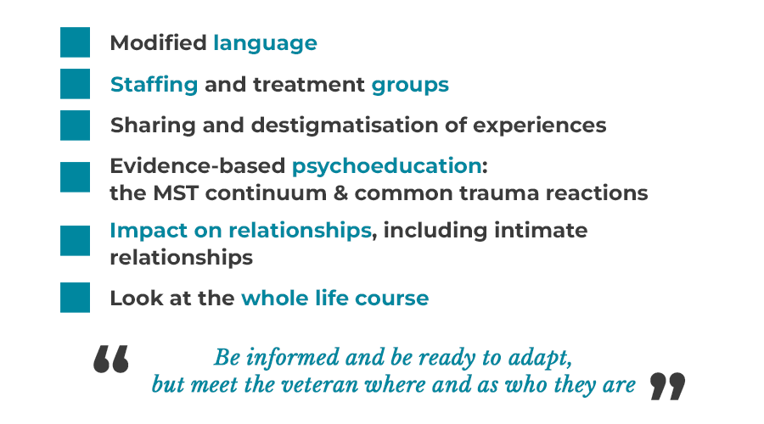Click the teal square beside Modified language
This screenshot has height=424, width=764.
click(75, 42)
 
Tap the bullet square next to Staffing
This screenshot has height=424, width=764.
click(75, 84)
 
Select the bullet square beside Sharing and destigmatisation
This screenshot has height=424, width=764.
click(75, 126)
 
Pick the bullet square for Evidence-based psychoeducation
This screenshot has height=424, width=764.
click(75, 177)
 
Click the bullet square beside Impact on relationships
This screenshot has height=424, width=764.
click(75, 241)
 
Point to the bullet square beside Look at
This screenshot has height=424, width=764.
click(75, 298)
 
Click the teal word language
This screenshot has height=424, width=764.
click(265, 43)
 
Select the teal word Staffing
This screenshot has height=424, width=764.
click(154, 85)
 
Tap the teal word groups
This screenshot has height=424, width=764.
click(410, 85)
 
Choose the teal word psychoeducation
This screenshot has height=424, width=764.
click(386, 166)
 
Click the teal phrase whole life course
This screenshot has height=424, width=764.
click(334, 298)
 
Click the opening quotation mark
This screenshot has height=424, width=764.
click(111, 359)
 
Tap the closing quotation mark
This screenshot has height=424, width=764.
click(667, 386)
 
